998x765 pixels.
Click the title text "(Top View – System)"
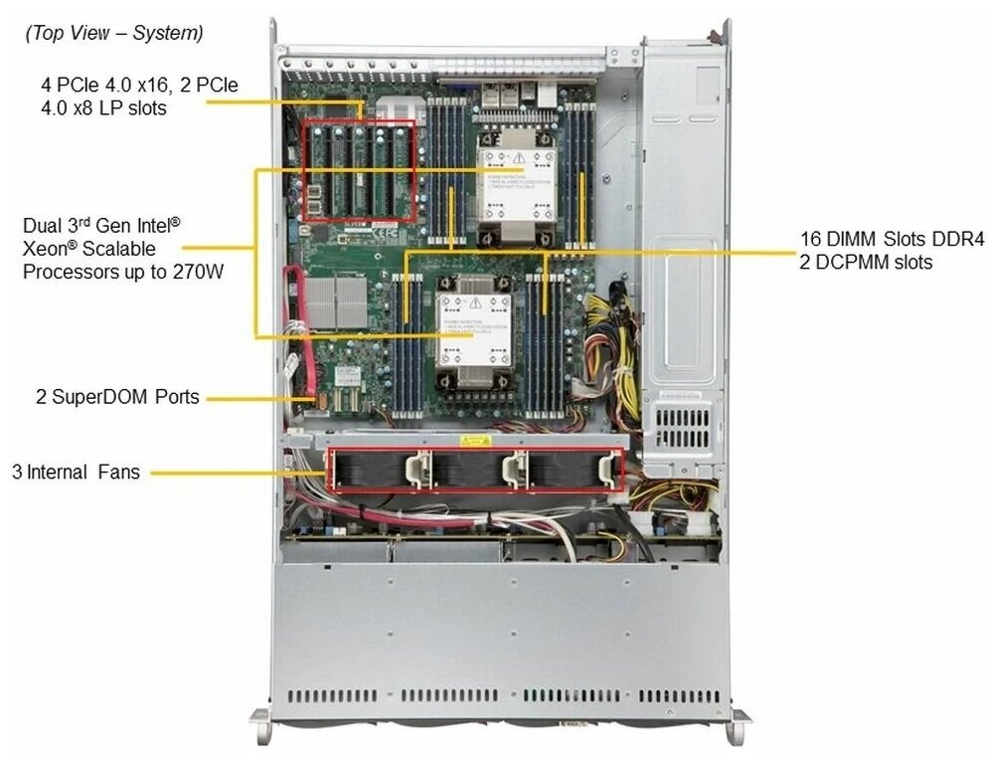113,34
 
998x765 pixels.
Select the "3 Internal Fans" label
76,473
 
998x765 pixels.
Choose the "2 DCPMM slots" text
866,263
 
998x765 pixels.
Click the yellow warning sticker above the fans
472,440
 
